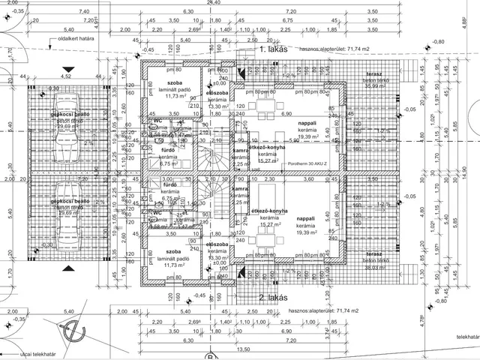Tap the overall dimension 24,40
point(215,3)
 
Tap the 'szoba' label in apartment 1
point(175,82)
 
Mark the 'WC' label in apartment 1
point(158,121)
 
